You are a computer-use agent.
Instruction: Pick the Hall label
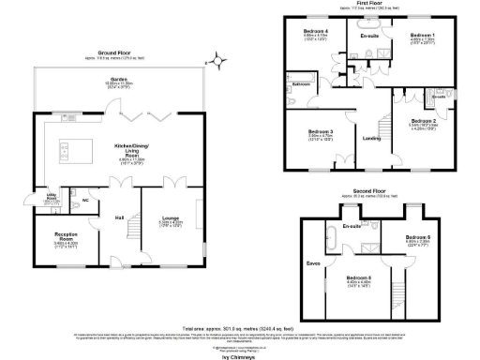(120, 217)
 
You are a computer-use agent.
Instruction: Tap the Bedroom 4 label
(314, 34)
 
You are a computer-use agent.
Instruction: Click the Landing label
(371, 139)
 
